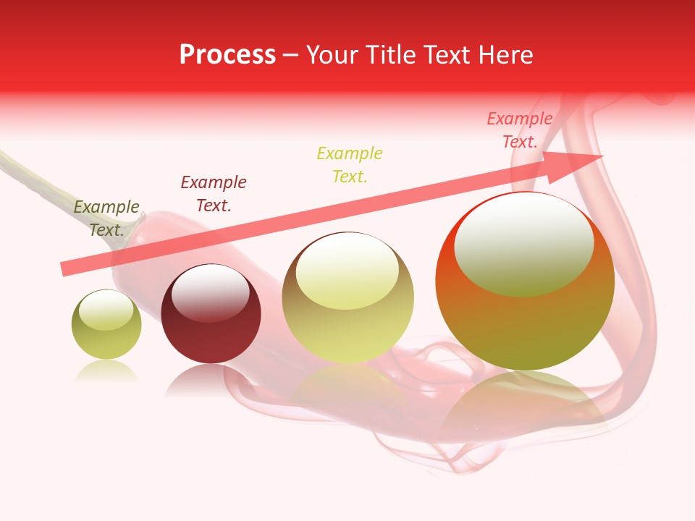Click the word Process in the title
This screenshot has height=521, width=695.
click(227, 55)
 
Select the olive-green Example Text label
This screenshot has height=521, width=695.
click(106, 219)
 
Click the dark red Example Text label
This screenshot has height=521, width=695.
click(213, 194)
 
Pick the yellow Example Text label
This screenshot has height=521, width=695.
click(349, 164)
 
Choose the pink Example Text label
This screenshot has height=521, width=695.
click(519, 130)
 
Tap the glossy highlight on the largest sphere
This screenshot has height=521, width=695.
click(523, 242)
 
